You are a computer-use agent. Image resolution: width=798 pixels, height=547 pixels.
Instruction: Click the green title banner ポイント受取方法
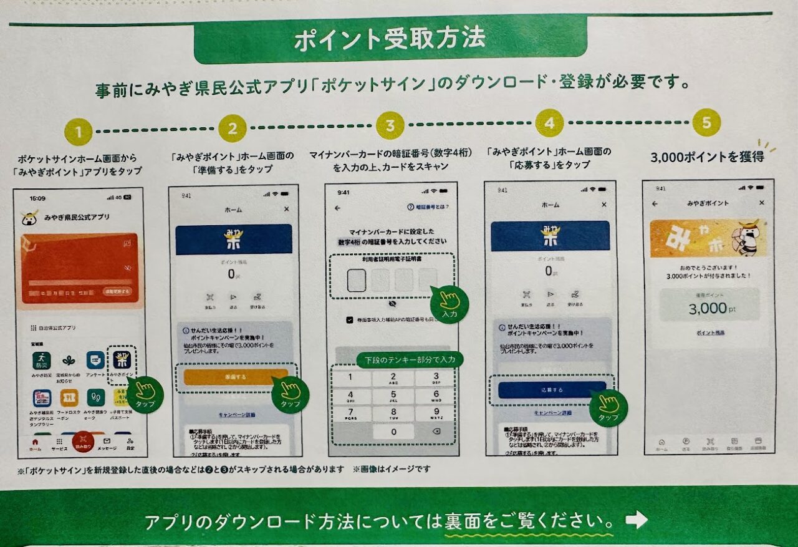click(390, 39)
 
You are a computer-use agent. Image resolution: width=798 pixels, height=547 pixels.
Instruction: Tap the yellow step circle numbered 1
click(78, 132)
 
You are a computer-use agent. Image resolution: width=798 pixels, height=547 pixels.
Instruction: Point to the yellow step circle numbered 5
click(706, 123)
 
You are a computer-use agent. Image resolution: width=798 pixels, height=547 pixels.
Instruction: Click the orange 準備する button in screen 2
click(236, 377)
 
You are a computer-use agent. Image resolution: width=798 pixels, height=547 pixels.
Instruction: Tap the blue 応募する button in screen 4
click(552, 390)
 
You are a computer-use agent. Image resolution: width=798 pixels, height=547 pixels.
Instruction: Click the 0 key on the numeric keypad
click(393, 432)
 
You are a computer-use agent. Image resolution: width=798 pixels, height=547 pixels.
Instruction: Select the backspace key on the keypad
click(435, 432)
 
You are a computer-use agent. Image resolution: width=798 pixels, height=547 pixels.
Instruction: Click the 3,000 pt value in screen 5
click(708, 308)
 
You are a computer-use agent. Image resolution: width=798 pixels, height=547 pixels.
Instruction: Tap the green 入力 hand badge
click(449, 304)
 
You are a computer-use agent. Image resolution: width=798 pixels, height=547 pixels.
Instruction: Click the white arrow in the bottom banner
click(637, 520)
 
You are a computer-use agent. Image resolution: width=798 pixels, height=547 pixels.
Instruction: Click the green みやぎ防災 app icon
click(42, 361)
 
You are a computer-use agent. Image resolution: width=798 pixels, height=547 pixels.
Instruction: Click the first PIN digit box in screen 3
click(357, 281)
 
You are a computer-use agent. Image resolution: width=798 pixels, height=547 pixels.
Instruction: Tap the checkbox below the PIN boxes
click(350, 320)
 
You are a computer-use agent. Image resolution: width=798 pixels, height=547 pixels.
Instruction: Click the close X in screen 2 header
click(286, 210)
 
